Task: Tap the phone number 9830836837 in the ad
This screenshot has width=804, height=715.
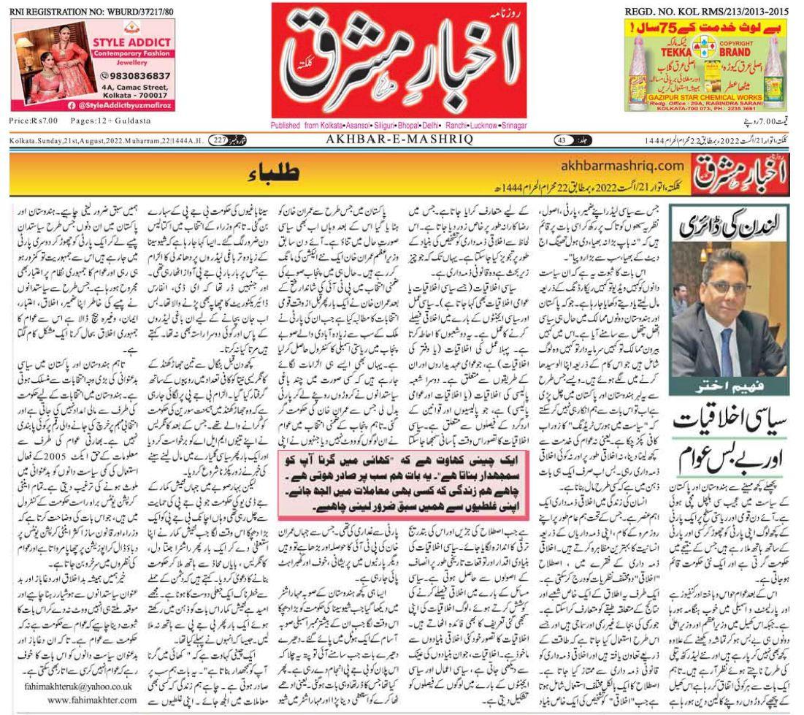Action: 139,75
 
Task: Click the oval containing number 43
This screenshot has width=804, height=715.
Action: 562,140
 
